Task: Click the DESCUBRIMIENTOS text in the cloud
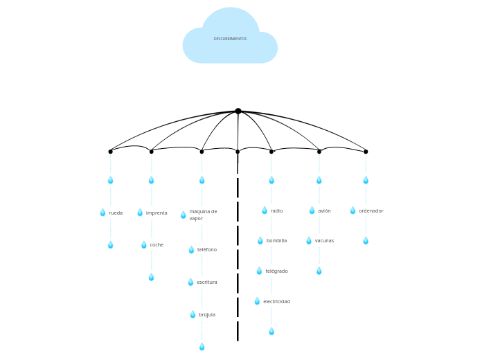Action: pyautogui.click(x=230, y=39)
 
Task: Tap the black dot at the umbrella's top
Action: pyautogui.click(x=238, y=111)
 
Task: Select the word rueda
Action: pyautogui.click(x=116, y=213)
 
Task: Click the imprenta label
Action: pyautogui.click(x=157, y=213)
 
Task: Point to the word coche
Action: pyautogui.click(x=157, y=245)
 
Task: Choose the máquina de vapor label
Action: pyautogui.click(x=203, y=215)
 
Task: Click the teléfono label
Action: pyautogui.click(x=206, y=250)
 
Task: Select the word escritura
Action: pyautogui.click(x=206, y=282)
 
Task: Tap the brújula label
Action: pyautogui.click(x=207, y=315)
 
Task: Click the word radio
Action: pyautogui.click(x=276, y=211)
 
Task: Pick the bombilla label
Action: pyautogui.click(x=276, y=241)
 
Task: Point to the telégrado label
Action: pyautogui.click(x=276, y=271)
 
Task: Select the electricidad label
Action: pyautogui.click(x=276, y=302)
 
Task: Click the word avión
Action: pyautogui.click(x=324, y=211)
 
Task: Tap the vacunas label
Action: pyautogui.click(x=324, y=241)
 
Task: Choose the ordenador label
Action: pyautogui.click(x=371, y=211)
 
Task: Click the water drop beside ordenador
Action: pyautogui.click(x=352, y=210)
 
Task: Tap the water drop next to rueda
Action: pyautogui.click(x=102, y=213)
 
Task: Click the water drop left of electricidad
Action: pyautogui.click(x=257, y=301)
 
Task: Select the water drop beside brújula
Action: pyautogui.click(x=193, y=314)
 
